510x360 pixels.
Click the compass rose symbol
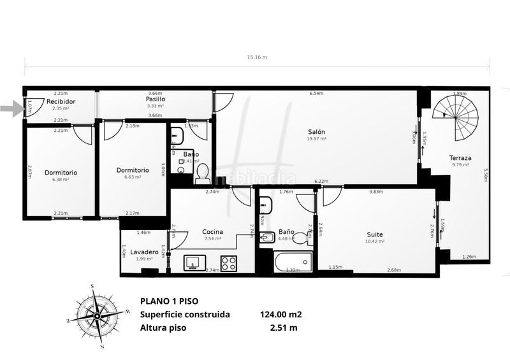pyautogui.click(x=94, y=316)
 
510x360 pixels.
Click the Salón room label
pyautogui.click(x=316, y=132)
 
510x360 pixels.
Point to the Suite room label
pyautogui.click(x=375, y=234)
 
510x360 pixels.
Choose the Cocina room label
pyautogui.click(x=212, y=231)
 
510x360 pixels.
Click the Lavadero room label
pyautogui.click(x=144, y=252)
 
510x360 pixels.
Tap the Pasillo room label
pyautogui.click(x=155, y=99)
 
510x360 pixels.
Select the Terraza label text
pyautogui.click(x=460, y=158)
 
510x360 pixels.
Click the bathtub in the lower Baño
pyautogui.click(x=293, y=262)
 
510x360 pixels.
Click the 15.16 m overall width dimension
pyautogui.click(x=257, y=57)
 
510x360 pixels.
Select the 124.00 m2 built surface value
pyautogui.click(x=281, y=315)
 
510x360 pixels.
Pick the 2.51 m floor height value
pyautogui.click(x=284, y=329)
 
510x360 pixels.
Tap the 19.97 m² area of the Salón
pyautogui.click(x=316, y=138)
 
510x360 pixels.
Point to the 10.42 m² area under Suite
pyautogui.click(x=375, y=241)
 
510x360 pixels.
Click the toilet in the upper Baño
pyautogui.click(x=202, y=173)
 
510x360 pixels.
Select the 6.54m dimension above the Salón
pyautogui.click(x=316, y=94)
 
